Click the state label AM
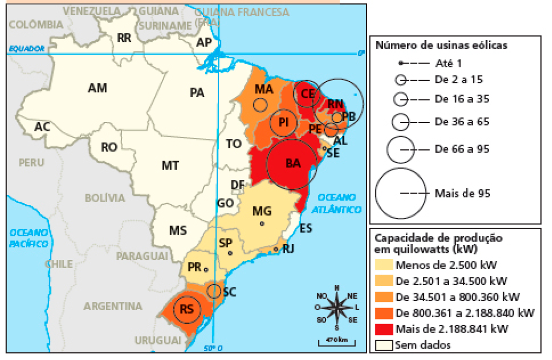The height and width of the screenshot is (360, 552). (97, 88)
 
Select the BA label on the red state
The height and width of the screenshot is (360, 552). (293, 163)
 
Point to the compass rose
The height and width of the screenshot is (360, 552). (336, 306)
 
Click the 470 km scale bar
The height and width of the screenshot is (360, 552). (336, 341)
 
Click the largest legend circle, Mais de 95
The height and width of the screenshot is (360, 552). (401, 193)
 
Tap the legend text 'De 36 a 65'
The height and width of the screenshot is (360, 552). (462, 121)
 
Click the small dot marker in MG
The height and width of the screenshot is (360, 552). (262, 223)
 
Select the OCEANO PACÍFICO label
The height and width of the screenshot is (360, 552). (29, 238)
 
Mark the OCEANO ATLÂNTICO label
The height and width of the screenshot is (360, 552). (339, 203)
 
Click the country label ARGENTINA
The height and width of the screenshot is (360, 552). (113, 306)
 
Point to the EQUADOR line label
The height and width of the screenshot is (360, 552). (26, 49)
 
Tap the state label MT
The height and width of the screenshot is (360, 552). (170, 165)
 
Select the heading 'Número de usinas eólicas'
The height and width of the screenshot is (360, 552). (441, 45)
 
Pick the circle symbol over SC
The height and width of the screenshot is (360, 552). (214, 291)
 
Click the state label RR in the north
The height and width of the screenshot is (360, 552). (124, 38)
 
